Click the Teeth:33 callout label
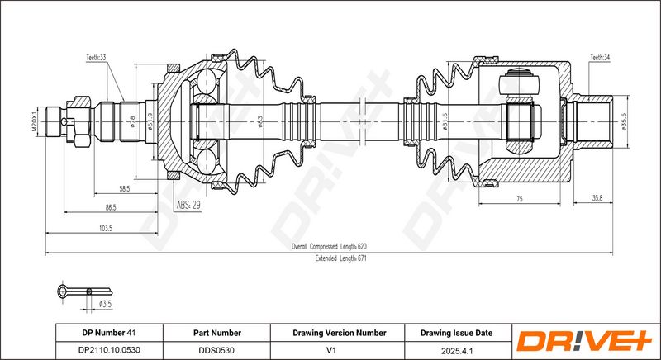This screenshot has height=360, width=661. click(x=96, y=58)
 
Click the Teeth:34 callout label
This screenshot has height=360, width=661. click(x=600, y=58)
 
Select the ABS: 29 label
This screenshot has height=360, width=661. click(x=188, y=206)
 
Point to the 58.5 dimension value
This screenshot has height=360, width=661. click(x=125, y=189)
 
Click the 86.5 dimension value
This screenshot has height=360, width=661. click(x=111, y=207)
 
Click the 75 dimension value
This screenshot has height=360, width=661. click(x=520, y=199)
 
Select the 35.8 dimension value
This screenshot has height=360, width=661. click(x=597, y=198)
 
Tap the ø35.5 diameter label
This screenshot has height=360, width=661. click(x=625, y=122)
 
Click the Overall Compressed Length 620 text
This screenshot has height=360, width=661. click(x=329, y=246)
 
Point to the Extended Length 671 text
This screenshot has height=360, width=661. click(x=340, y=258)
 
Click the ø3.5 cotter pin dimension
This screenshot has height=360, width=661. click(x=105, y=304)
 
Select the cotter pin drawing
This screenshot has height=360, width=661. click(x=84, y=291)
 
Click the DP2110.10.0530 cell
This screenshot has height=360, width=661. click(x=109, y=350)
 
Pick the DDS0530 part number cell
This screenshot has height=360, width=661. click(x=216, y=350)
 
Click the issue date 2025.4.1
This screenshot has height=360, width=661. click(x=458, y=350)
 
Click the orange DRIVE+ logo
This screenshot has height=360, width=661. click(x=585, y=341)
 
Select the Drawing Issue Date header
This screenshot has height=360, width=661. click(x=456, y=333)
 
